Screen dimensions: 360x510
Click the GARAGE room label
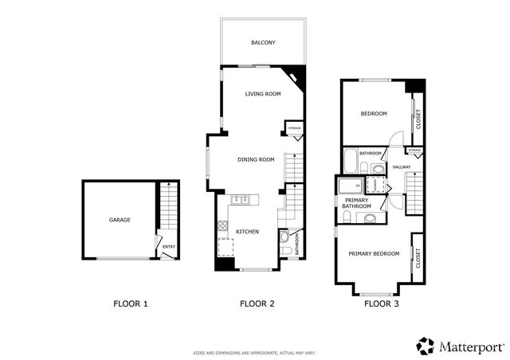pos(120,220)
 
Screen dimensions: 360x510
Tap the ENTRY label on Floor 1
pos(169,247)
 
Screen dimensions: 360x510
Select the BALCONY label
pos(263,42)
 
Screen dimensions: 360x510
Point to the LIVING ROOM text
pos(263,94)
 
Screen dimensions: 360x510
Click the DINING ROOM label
pos(256,159)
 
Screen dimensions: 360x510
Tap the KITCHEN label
pos(247,231)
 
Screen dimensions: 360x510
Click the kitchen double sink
pos(241,199)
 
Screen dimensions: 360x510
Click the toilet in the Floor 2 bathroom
pos(284,237)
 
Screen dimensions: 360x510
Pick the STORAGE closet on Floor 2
pos(294,128)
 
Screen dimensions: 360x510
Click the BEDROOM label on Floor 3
pos(374,114)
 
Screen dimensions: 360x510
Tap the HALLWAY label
pos(401,166)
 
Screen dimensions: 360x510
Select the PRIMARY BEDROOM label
pos(374,253)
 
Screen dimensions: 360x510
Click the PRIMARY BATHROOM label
pos(357,203)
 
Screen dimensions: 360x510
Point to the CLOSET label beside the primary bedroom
pos(418,256)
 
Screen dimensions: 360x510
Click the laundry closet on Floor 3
pos(372,184)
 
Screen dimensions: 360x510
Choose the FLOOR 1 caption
pos(131,303)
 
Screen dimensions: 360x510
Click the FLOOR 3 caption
pos(379,303)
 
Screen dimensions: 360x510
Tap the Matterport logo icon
pos(425,346)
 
